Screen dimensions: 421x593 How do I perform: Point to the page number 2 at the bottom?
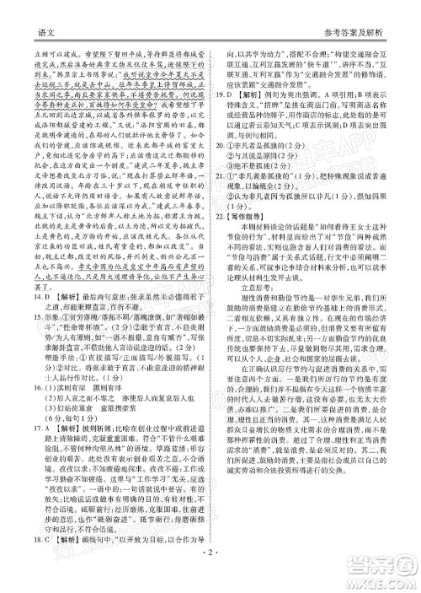pyautogui.click(x=210, y=580)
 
